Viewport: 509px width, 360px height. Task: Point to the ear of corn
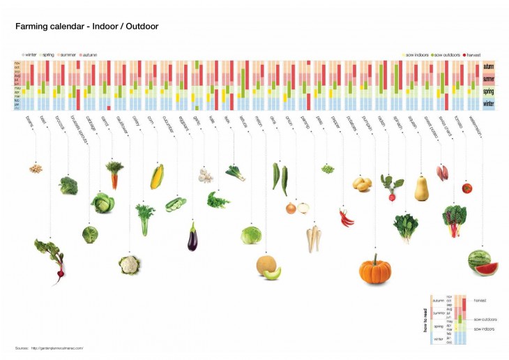tap(157, 177)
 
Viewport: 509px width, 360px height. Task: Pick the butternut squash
tap(421, 188)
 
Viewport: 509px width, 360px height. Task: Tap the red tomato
tap(467, 187)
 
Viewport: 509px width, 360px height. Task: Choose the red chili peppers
tap(347, 217)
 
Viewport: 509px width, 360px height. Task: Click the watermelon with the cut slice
tap(483, 262)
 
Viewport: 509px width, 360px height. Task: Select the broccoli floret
tap(68, 186)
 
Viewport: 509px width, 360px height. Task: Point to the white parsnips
tap(314, 238)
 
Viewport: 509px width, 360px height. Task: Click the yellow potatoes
tap(361, 184)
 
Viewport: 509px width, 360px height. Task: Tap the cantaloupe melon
tap(268, 267)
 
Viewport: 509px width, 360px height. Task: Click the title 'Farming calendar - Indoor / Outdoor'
tap(87, 27)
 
